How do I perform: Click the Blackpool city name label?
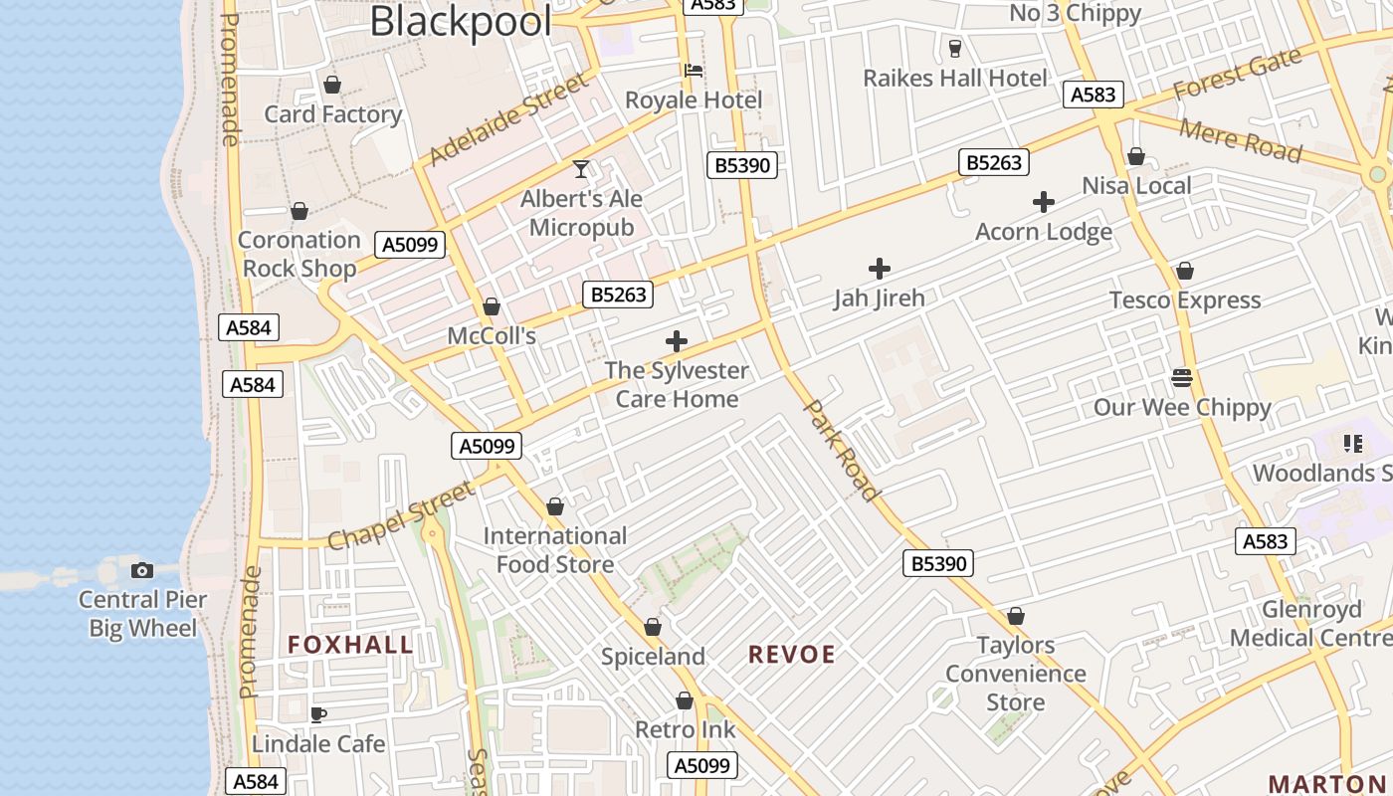[460, 21]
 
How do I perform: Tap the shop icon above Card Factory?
[332, 85]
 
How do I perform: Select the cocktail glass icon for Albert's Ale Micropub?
[581, 169]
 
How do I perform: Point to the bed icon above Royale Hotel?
[694, 71]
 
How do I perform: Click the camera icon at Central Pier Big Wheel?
[142, 570]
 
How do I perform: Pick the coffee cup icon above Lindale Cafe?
[317, 714]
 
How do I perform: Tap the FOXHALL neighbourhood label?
[350, 645]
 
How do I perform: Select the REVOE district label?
[792, 654]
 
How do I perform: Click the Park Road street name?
[842, 450]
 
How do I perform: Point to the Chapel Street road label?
[402, 515]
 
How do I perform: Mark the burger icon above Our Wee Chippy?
[1182, 378]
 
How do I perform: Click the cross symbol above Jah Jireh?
[880, 269]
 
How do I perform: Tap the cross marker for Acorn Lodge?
[1044, 203]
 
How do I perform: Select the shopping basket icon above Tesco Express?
[1185, 271]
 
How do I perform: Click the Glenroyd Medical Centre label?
[1310, 623]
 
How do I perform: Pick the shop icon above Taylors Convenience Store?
[1016, 616]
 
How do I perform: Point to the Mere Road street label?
[1240, 139]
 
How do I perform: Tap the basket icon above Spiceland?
[653, 627]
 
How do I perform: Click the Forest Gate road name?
[1237, 74]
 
